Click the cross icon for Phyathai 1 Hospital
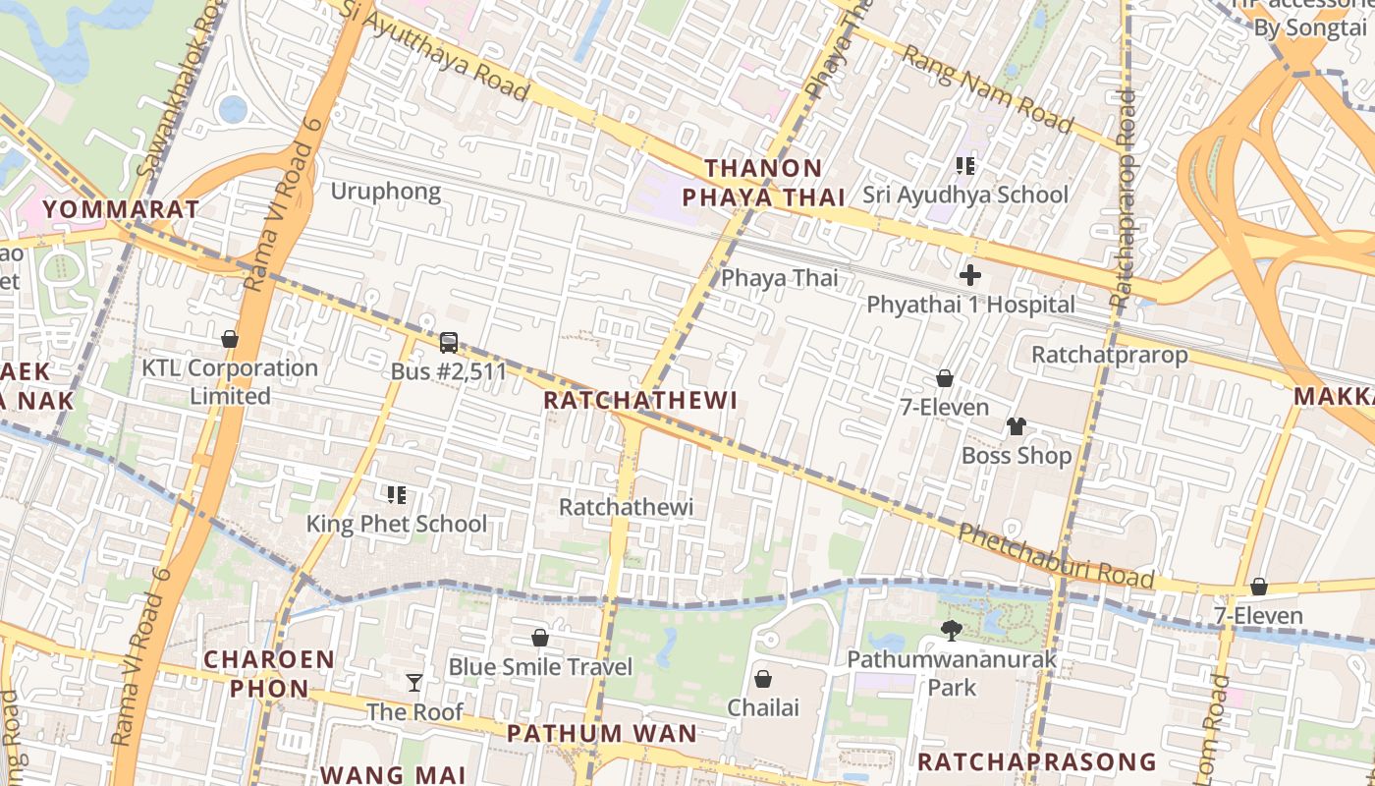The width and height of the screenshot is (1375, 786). click(970, 275)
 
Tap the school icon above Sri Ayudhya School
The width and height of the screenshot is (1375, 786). click(965, 166)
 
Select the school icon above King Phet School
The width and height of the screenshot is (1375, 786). click(397, 495)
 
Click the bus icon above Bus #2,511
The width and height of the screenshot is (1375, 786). click(449, 343)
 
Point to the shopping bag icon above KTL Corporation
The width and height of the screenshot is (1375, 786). click(230, 339)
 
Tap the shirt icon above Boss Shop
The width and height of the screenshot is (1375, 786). click(1016, 426)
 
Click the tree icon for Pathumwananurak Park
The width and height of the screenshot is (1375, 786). click(951, 631)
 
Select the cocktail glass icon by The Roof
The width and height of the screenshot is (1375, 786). click(414, 682)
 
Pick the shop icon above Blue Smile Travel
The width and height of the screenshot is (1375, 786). click(539, 638)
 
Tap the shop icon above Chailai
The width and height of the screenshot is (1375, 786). click(762, 679)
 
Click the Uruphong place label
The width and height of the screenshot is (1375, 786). click(385, 191)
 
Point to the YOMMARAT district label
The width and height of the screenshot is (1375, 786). click(121, 208)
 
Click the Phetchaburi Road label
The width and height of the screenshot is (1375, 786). click(1056, 557)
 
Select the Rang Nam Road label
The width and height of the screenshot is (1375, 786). click(987, 88)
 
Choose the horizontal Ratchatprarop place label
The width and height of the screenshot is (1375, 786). click(1109, 354)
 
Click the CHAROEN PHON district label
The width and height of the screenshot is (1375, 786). click(269, 673)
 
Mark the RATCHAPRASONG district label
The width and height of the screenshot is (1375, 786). click(1036, 761)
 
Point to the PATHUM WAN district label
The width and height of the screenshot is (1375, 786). click(602, 733)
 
